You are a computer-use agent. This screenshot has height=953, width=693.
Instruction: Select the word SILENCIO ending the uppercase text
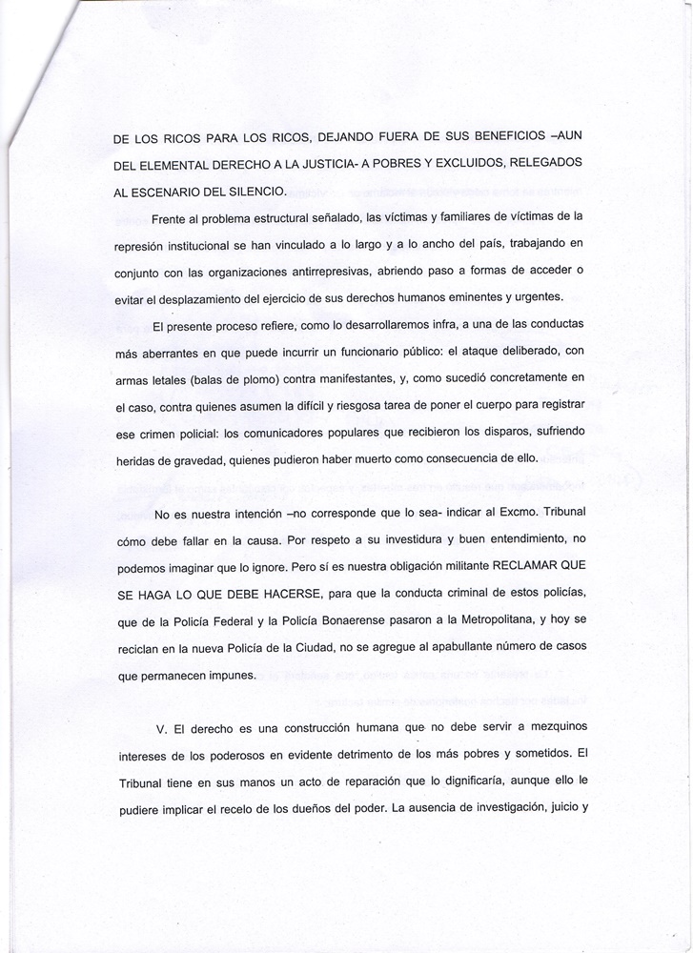point(247,190)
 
